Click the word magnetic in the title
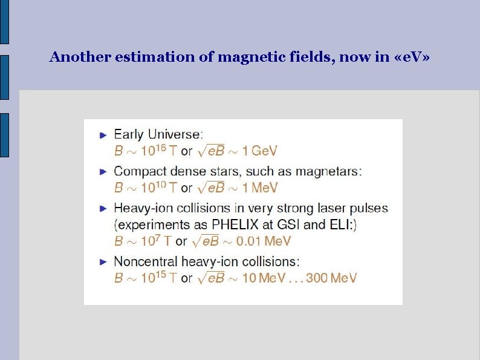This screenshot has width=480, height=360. (242, 57)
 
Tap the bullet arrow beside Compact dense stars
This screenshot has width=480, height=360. (103, 171)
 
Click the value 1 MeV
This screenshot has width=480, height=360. (258, 188)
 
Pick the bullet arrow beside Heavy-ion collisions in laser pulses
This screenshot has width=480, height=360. (103, 209)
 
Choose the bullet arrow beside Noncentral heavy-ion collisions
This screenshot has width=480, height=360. (103, 262)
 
